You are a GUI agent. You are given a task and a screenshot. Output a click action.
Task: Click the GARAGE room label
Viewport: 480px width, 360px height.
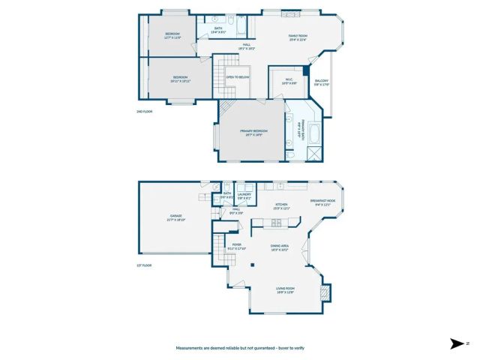coord(175,216)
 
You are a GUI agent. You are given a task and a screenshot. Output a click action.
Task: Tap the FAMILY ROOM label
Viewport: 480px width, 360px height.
coord(298,37)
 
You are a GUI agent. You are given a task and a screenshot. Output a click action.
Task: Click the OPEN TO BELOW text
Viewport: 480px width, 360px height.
coord(238,76)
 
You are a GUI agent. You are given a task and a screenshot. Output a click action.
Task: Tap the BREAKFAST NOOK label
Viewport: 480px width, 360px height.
coord(322,202)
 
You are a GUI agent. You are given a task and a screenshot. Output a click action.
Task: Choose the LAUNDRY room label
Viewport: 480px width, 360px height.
coord(244,194)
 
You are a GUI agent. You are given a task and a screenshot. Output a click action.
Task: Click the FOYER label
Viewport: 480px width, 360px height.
coord(236,244)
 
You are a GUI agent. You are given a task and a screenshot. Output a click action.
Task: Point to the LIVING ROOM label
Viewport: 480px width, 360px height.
coord(285,289)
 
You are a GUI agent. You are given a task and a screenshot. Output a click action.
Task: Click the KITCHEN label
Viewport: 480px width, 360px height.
coord(281,204)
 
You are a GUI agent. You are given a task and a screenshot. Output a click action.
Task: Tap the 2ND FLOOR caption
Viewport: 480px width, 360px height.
coord(144,111)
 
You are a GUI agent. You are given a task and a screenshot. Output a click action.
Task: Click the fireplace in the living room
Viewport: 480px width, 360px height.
coord(324,291)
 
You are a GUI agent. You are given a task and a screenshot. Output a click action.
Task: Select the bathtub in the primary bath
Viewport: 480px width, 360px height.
coord(313,136)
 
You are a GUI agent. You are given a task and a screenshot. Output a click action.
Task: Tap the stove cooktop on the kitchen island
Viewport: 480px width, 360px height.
coord(276,221)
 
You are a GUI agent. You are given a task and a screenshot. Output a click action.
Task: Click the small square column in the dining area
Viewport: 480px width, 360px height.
coord(253,265)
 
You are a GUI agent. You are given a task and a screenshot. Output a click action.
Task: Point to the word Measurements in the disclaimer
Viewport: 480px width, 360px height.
coord(191,348)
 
